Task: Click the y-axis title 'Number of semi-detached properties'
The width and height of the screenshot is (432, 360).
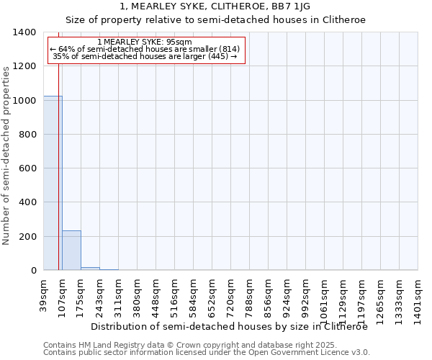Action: click(x=6, y=156)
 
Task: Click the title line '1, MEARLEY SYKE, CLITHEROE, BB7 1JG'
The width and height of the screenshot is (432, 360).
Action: click(x=215, y=6)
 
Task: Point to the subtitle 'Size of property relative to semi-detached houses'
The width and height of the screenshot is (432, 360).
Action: click(x=215, y=20)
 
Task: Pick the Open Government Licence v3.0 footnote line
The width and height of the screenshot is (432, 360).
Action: click(x=207, y=353)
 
